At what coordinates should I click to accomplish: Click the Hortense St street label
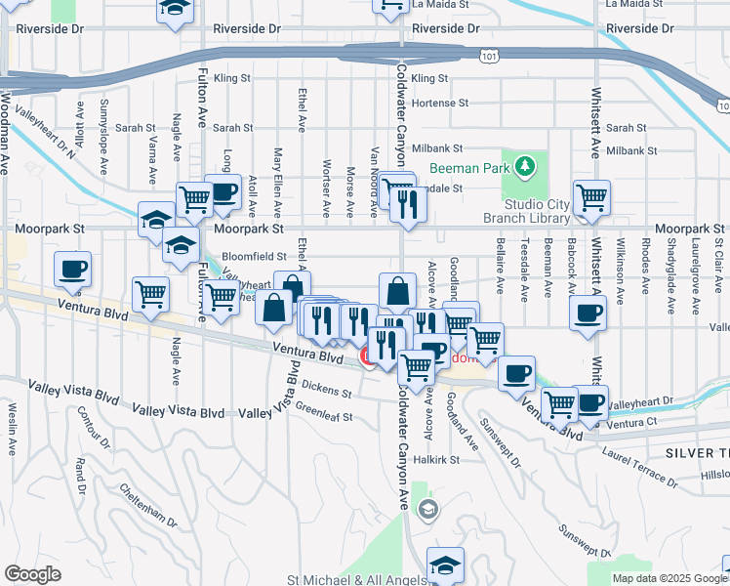pyautogui.click(x=440, y=103)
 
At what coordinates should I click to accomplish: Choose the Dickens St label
pyautogui.click(x=325, y=386)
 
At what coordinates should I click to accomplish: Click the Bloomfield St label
pyautogui.click(x=255, y=256)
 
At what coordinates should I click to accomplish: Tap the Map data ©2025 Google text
pyautogui.click(x=669, y=578)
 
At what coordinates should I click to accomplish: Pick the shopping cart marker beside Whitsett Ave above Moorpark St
pyautogui.click(x=591, y=198)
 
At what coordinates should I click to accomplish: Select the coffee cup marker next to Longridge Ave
pyautogui.click(x=223, y=192)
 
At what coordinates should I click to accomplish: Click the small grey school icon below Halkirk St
pyautogui.click(x=427, y=509)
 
